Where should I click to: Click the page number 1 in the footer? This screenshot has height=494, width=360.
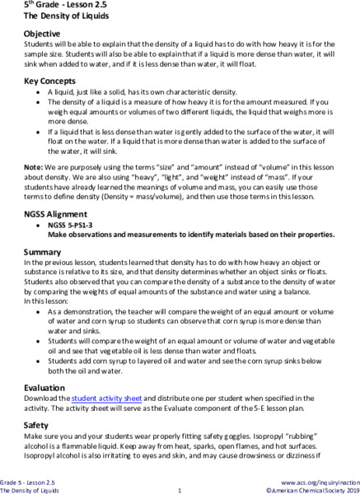point(179,490)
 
